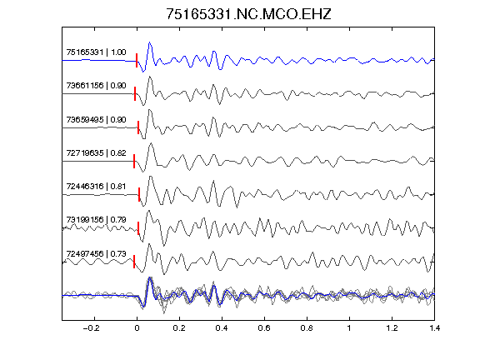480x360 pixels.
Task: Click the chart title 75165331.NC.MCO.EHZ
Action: pyautogui.click(x=248, y=14)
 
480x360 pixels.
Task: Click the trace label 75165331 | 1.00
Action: pyautogui.click(x=96, y=52)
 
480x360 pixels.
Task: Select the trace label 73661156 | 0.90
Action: pyautogui.click(x=96, y=85)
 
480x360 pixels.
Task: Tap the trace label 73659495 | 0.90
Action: pyautogui.click(x=96, y=119)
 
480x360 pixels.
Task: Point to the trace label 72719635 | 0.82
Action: pyautogui.click(x=96, y=152)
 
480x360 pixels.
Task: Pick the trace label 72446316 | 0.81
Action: pyautogui.click(x=96, y=186)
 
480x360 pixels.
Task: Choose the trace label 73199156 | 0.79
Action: pyautogui.click(x=96, y=220)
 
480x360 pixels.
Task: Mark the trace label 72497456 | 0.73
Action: pyautogui.click(x=96, y=254)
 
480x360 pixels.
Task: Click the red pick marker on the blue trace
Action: pyautogui.click(x=137, y=60)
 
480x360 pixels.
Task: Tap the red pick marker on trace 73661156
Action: pyautogui.click(x=135, y=93)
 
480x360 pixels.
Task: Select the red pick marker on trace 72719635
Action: pyautogui.click(x=134, y=162)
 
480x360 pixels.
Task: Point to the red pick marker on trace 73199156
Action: pyautogui.click(x=138, y=228)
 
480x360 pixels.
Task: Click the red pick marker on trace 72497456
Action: pyautogui.click(x=134, y=262)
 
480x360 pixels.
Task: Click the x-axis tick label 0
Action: pyautogui.click(x=137, y=328)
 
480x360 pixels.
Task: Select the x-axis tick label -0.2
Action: pyautogui.click(x=91, y=328)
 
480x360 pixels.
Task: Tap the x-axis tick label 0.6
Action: pyautogui.click(x=264, y=328)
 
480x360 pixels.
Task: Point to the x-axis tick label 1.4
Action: pyautogui.click(x=434, y=328)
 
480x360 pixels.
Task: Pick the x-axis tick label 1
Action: pyautogui.click(x=349, y=328)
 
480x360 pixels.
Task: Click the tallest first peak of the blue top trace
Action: pyautogui.click(x=150, y=42)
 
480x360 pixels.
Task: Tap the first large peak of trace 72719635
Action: pyautogui.click(x=151, y=143)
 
